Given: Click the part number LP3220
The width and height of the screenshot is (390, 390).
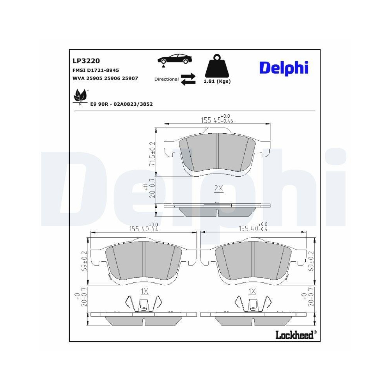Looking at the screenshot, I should coord(86,61).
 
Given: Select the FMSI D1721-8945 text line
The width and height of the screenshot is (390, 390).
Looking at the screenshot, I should coord(96,70).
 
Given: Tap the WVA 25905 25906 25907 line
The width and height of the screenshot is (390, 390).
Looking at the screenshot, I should coord(105,78).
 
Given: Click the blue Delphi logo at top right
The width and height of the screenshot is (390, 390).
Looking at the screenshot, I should coord(284,67).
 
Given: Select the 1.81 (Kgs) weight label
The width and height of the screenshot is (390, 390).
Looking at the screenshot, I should coord(217,82).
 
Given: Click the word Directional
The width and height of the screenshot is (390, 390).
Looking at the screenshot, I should coord(167,79).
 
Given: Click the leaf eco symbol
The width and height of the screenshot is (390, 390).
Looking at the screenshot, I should coord(81,96).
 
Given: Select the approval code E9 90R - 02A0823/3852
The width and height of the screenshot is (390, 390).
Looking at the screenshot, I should coord(121,104).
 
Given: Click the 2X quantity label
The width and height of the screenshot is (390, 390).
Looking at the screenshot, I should coord(218,189).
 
